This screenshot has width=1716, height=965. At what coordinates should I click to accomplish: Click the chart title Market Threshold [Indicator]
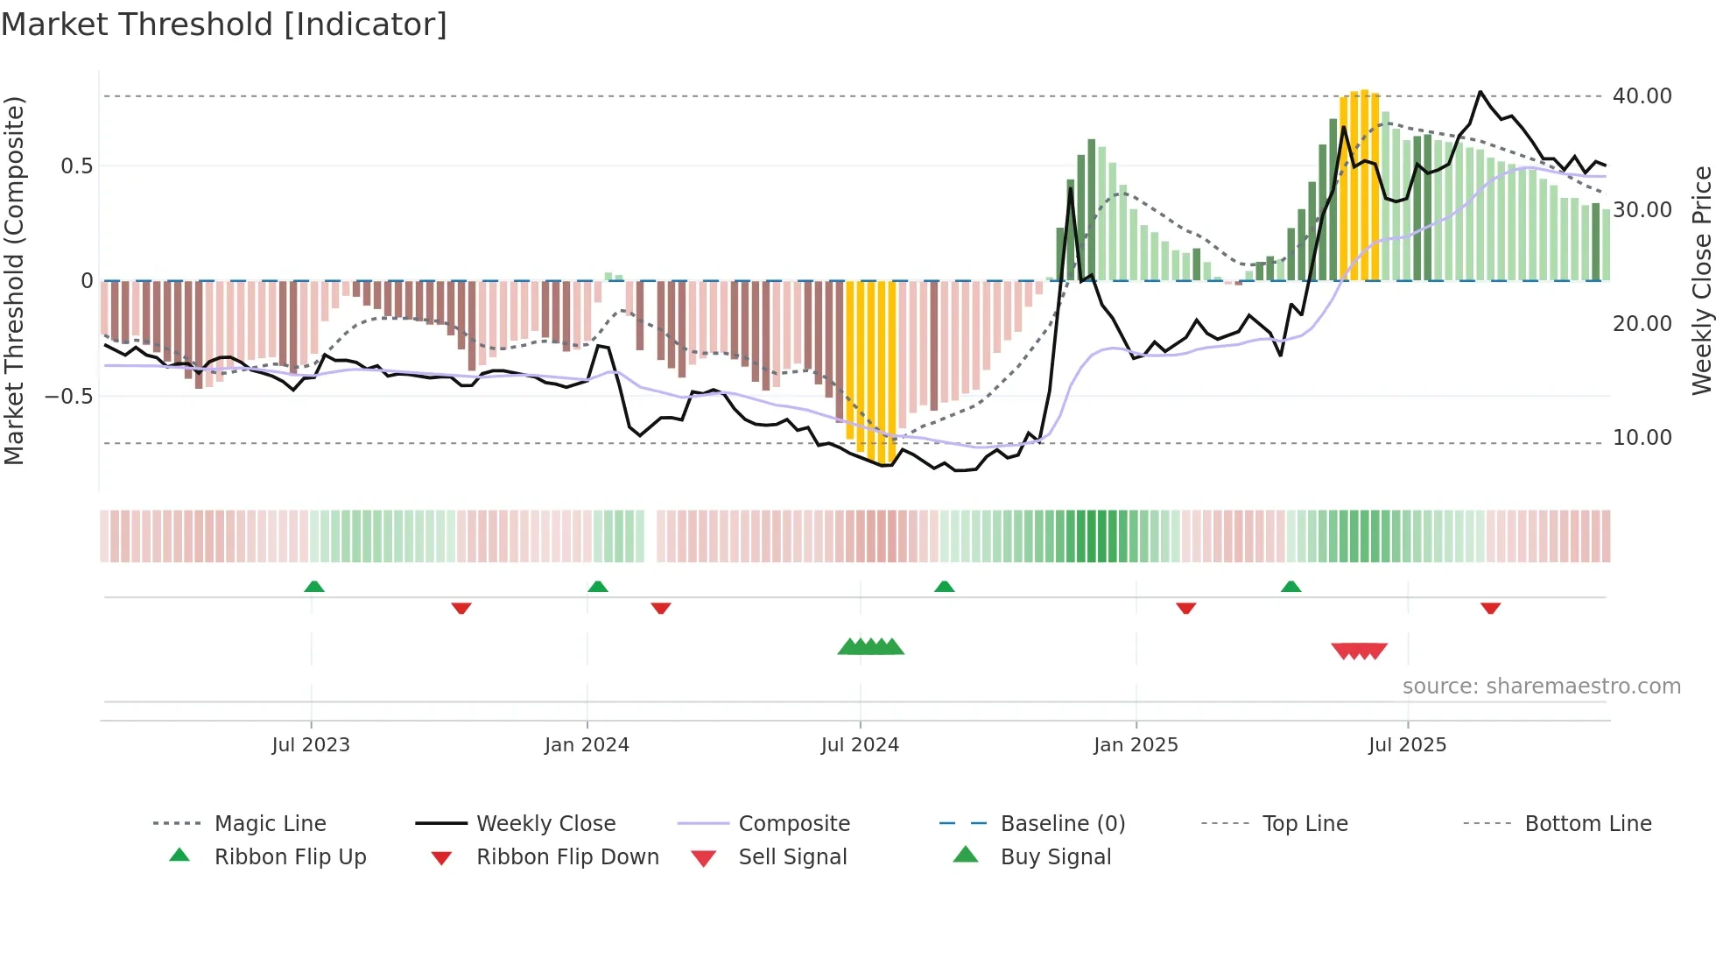tap(223, 25)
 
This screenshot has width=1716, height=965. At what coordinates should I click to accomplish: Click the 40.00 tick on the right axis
tap(1642, 96)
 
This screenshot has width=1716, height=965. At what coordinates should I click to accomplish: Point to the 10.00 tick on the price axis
tap(1642, 438)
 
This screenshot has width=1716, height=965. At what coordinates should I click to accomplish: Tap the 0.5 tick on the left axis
tap(76, 166)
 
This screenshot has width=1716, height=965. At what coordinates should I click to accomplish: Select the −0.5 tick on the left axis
tap(69, 397)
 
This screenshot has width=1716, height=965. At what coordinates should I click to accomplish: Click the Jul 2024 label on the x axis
tap(860, 745)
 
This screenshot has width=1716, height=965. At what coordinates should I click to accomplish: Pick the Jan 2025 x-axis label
tap(1136, 745)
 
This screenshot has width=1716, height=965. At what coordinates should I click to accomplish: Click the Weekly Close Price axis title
tap(1701, 280)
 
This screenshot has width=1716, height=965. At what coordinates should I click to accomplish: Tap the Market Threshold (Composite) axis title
tap(14, 280)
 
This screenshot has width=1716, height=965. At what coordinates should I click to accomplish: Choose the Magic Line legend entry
tap(270, 824)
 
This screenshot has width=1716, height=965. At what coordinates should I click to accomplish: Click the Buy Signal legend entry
tap(1055, 857)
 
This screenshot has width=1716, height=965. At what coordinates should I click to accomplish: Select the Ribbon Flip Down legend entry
tap(566, 857)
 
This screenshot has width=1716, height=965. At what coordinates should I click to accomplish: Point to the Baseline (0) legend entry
tap(1062, 824)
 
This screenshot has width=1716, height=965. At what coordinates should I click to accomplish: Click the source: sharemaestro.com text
tap(1541, 687)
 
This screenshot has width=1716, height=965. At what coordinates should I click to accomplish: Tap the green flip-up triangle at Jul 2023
tap(314, 587)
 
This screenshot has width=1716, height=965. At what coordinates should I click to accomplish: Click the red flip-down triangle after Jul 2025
tap(1490, 608)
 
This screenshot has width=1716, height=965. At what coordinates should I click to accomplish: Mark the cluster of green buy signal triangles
tap(870, 647)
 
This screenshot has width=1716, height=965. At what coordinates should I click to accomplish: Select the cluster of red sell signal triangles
tap(1359, 651)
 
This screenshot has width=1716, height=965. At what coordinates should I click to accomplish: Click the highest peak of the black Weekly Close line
tap(1480, 92)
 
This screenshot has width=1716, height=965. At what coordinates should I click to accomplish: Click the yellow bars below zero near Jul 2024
tap(871, 368)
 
